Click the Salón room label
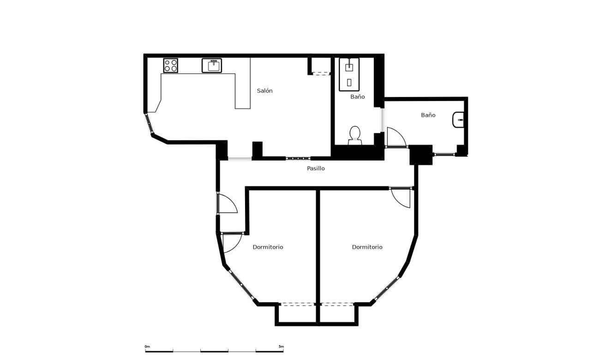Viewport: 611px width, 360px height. point(264,91)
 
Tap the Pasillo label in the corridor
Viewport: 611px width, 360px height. point(316,168)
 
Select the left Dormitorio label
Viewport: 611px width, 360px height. point(268,247)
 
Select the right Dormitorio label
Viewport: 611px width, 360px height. point(367,247)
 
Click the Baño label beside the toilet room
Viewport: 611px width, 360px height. point(357,97)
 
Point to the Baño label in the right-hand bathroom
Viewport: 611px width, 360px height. point(428,115)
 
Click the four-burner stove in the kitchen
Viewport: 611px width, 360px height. point(170,66)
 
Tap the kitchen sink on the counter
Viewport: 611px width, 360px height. point(212,66)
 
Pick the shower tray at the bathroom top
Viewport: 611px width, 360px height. point(349,74)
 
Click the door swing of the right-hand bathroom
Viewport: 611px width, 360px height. point(395,138)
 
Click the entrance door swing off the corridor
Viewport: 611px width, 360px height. point(227,204)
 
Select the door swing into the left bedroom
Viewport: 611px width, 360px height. point(232,242)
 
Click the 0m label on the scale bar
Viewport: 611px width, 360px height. point(147,346)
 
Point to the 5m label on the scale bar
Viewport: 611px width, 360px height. point(281,346)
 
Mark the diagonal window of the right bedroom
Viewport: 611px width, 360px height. point(386,289)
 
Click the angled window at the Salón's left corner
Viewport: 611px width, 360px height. point(149,124)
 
